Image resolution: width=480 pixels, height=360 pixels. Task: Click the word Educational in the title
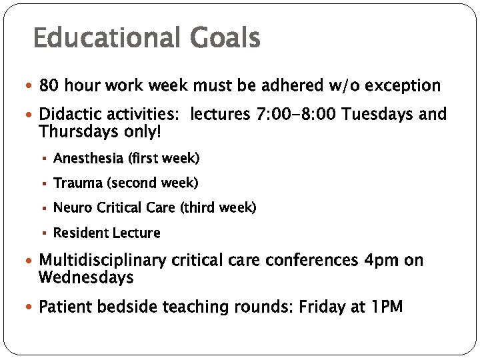(x=107, y=38)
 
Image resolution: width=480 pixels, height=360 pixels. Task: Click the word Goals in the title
(x=225, y=38)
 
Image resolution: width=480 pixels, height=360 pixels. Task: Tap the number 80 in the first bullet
(x=48, y=86)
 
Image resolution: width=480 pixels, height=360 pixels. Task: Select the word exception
(x=402, y=86)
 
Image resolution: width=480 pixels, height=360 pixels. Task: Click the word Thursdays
(x=74, y=131)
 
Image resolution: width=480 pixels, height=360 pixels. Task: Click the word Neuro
(x=73, y=208)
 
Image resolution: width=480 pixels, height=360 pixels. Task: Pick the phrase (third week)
(x=218, y=208)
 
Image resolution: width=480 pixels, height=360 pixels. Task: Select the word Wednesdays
(x=87, y=277)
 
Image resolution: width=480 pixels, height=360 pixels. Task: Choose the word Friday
(x=321, y=307)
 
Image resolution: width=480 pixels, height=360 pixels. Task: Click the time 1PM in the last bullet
(x=386, y=307)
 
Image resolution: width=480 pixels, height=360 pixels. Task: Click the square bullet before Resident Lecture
(x=44, y=233)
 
